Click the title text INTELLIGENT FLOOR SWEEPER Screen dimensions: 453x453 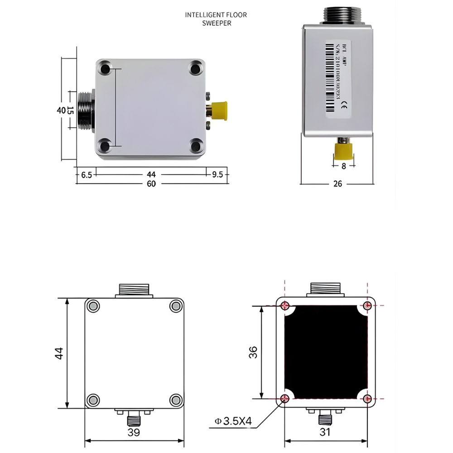216,19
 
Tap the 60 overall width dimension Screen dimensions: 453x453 151,184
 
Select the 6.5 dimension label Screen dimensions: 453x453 87,174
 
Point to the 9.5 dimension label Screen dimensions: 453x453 217,174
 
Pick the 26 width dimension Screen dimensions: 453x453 337,184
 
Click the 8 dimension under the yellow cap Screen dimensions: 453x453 343,166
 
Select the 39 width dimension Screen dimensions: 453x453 134,433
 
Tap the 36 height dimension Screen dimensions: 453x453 253,352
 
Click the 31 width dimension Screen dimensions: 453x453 325,432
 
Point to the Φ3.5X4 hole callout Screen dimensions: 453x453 233,421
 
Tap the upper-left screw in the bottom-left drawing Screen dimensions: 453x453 93,306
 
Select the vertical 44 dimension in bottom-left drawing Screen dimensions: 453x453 59,353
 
